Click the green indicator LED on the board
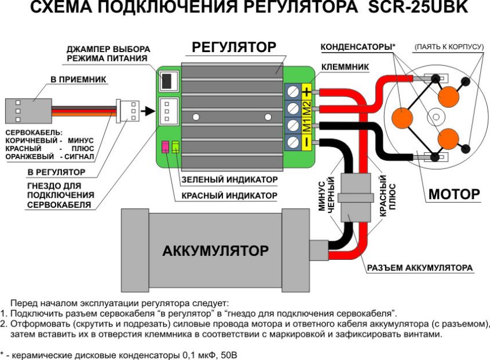tap(175, 147)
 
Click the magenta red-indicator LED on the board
tap(165, 147)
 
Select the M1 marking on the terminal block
tap(307, 124)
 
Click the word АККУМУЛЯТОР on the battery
tap(215, 251)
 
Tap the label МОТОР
tap(454, 194)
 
